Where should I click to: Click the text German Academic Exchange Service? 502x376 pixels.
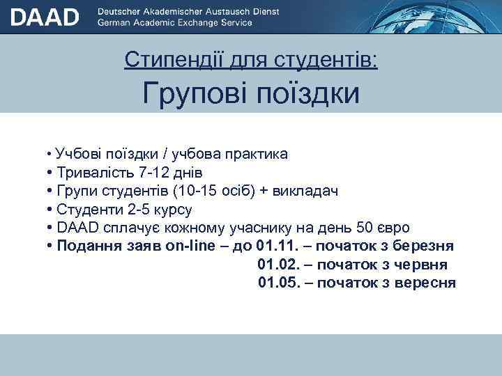(x=175, y=23)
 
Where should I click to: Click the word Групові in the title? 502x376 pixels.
(x=195, y=93)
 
